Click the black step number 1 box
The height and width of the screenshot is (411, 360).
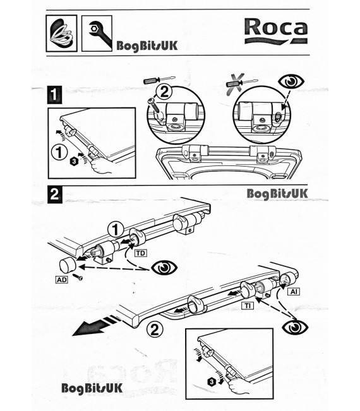click(55, 96)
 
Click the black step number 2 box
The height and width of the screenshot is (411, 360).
click(55, 195)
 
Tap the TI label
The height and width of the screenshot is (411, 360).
click(249, 305)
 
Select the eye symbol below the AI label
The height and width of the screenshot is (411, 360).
click(294, 327)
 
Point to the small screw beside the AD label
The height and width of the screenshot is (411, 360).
click(79, 277)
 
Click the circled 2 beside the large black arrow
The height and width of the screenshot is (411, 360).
click(153, 328)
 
